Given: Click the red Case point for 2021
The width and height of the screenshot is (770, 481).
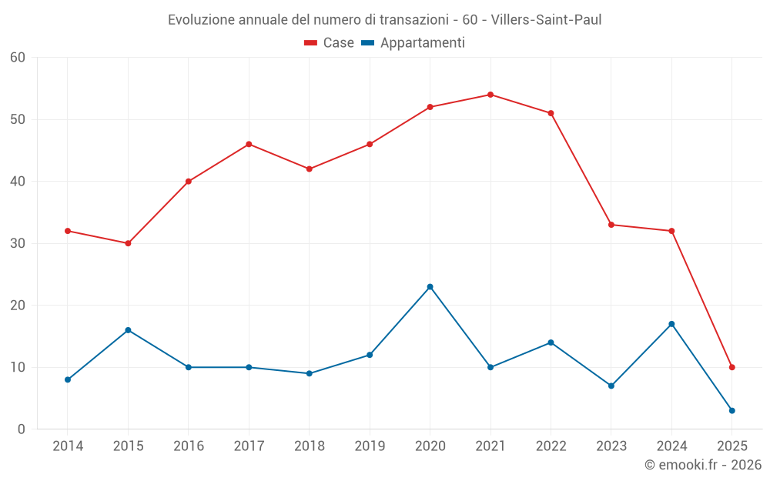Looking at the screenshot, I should tap(490, 95).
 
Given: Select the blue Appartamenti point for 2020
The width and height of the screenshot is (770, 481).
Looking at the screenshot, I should tap(430, 287).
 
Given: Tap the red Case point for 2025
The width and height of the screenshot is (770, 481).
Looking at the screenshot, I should tap(731, 367).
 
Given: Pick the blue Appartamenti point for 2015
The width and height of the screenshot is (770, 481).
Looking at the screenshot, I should tap(128, 330).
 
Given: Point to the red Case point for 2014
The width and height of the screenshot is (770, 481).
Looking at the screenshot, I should tap(68, 231).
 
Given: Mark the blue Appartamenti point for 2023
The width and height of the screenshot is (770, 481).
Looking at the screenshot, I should tap(611, 386).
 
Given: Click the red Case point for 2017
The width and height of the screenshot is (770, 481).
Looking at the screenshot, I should tap(249, 144).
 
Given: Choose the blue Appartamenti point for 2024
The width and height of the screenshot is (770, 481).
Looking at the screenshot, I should tap(671, 324).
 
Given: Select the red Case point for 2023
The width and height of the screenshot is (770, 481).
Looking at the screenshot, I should tap(611, 225).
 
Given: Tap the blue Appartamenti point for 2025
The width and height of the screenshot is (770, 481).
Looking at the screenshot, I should tap(731, 410).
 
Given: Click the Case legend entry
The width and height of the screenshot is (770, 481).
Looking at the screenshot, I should tap(329, 43).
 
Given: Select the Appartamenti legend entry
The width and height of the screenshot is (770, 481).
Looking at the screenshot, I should tap(413, 43).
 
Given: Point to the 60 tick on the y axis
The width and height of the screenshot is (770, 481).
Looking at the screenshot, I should tap(18, 57).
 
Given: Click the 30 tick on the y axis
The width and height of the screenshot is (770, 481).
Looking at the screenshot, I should tap(18, 243).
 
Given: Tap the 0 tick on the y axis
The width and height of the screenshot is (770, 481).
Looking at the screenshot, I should tap(22, 429).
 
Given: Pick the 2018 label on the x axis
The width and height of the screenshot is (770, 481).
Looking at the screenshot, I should tap(309, 446).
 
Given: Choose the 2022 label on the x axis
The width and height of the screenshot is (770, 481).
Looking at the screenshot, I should tap(551, 446).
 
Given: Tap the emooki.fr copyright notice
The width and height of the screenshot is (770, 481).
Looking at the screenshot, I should tap(702, 465).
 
